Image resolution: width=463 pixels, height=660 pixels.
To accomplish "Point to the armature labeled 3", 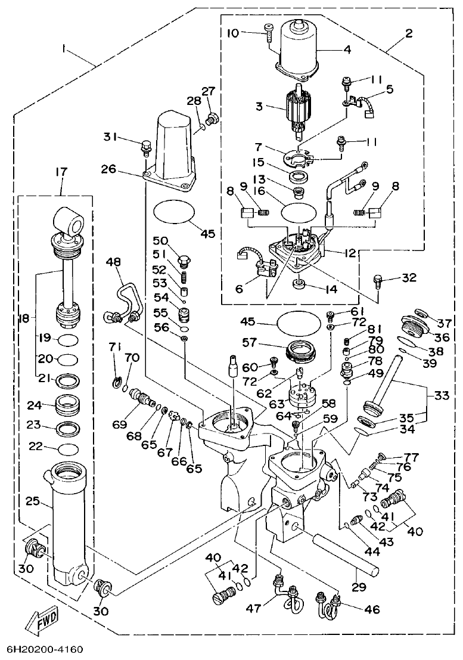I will click(x=296, y=110).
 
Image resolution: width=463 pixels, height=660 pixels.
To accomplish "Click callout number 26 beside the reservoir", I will click(x=125, y=169).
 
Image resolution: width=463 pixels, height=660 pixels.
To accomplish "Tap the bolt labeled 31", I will click(x=145, y=144).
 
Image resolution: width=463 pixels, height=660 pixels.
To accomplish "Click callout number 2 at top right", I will click(x=409, y=33).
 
